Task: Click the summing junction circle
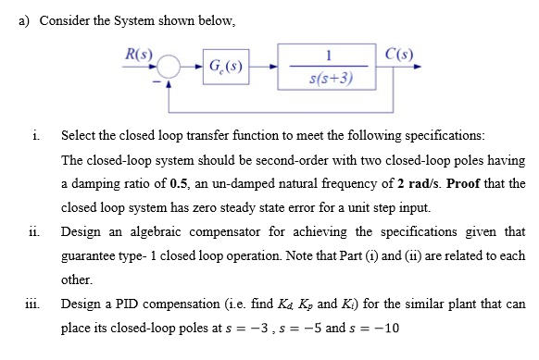coord(169,67)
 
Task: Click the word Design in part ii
coord(81,230)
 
